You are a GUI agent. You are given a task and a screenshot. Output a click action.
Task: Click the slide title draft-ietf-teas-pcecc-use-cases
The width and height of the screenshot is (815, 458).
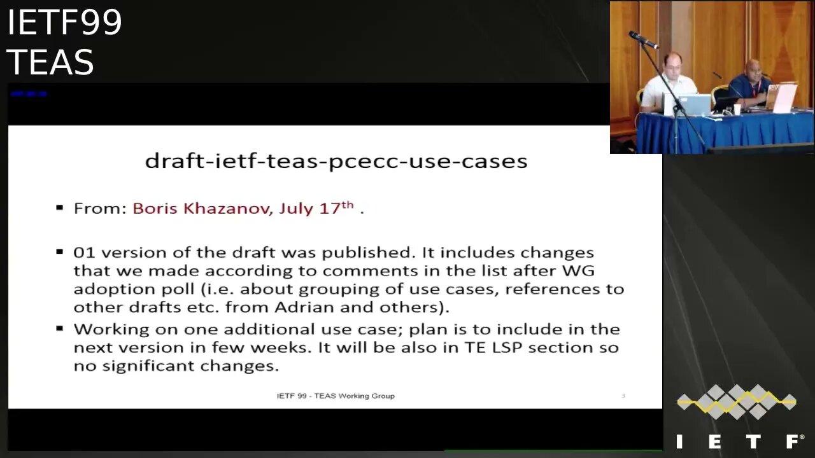point(336,161)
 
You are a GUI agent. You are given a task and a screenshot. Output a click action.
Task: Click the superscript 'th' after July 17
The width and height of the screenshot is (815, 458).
point(347,204)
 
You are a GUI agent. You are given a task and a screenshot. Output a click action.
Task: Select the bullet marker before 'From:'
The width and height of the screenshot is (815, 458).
point(60,207)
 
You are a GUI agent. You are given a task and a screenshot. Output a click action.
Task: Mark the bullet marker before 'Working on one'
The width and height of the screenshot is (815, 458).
point(60,328)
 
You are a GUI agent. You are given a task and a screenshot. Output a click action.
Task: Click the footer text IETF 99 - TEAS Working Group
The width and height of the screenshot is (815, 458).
point(336,396)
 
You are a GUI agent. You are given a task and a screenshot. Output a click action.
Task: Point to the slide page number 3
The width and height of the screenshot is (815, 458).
point(623,396)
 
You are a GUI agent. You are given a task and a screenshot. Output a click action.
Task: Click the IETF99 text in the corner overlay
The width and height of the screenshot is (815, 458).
point(64,23)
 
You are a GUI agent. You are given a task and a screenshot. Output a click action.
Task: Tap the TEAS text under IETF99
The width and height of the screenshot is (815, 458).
point(50,62)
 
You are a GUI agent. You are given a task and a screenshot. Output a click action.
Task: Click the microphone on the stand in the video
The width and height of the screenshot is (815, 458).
point(644,40)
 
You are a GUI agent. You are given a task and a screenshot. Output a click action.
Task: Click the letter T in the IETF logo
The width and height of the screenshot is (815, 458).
point(754,441)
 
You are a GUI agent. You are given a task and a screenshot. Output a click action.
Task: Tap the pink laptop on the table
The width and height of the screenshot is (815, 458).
point(783,97)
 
